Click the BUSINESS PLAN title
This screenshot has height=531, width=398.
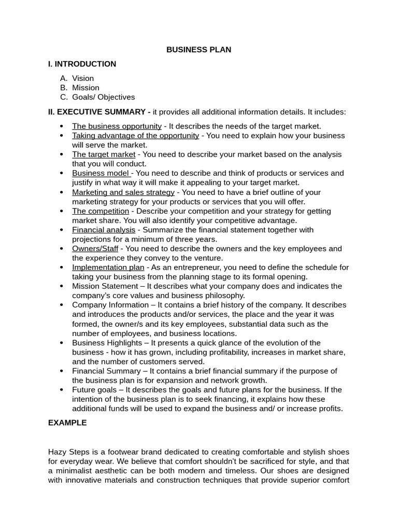[198, 50]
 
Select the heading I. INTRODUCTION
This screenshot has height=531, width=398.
[82, 64]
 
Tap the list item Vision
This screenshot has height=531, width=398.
[83, 78]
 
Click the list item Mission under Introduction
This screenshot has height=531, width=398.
[86, 88]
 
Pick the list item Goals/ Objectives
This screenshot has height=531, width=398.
[103, 97]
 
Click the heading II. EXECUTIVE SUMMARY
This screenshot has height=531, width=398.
[96, 112]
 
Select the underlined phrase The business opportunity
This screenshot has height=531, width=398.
[117, 126]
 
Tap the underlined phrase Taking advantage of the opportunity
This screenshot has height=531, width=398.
[135, 135]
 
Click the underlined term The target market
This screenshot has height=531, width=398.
[104, 155]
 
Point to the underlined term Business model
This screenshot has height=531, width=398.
[102, 173]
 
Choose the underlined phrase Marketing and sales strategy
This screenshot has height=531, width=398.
[123, 192]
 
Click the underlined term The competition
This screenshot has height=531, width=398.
[101, 211]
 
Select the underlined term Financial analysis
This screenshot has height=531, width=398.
[104, 230]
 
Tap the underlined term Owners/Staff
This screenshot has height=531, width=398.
[95, 249]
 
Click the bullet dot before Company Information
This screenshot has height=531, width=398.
[62, 305]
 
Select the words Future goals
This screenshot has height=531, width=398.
[94, 390]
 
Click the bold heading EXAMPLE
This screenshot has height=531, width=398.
[67, 423]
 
